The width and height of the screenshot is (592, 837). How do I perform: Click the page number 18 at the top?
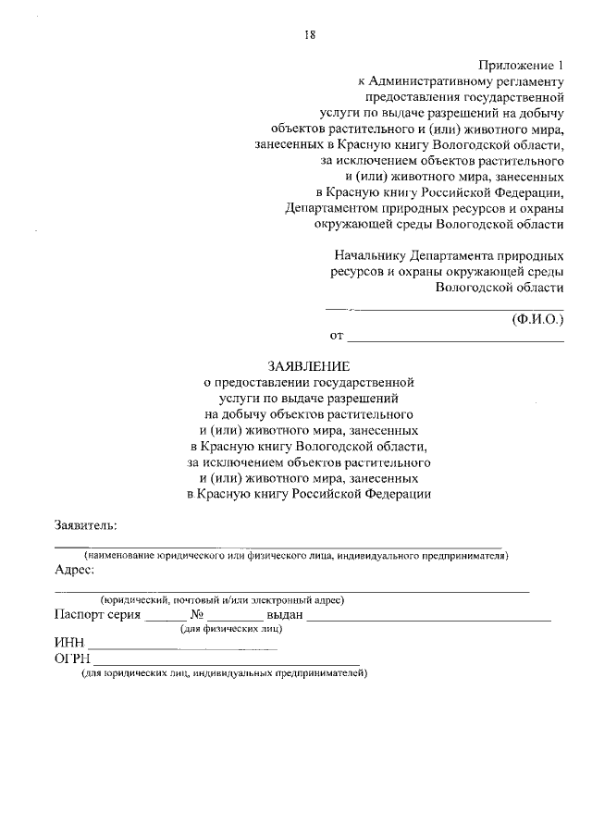tap(311, 35)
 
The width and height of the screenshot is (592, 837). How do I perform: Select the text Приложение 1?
tap(521, 65)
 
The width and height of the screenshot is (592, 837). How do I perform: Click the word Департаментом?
tap(330, 208)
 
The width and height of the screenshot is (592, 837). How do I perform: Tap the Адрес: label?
tap(75, 570)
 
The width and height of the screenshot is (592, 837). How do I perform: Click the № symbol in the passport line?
tap(196, 614)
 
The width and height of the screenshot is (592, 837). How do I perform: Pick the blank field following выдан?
tap(429, 615)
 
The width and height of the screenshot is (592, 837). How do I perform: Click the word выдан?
tap(285, 614)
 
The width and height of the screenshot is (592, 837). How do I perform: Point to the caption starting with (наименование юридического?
tap(296, 555)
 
